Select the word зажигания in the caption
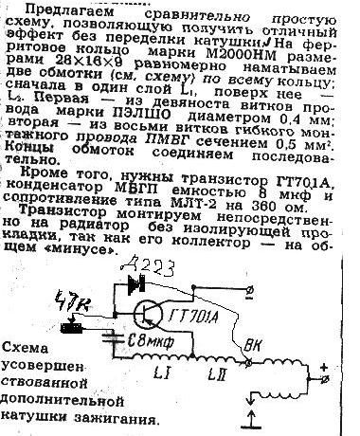(x=113, y=415)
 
